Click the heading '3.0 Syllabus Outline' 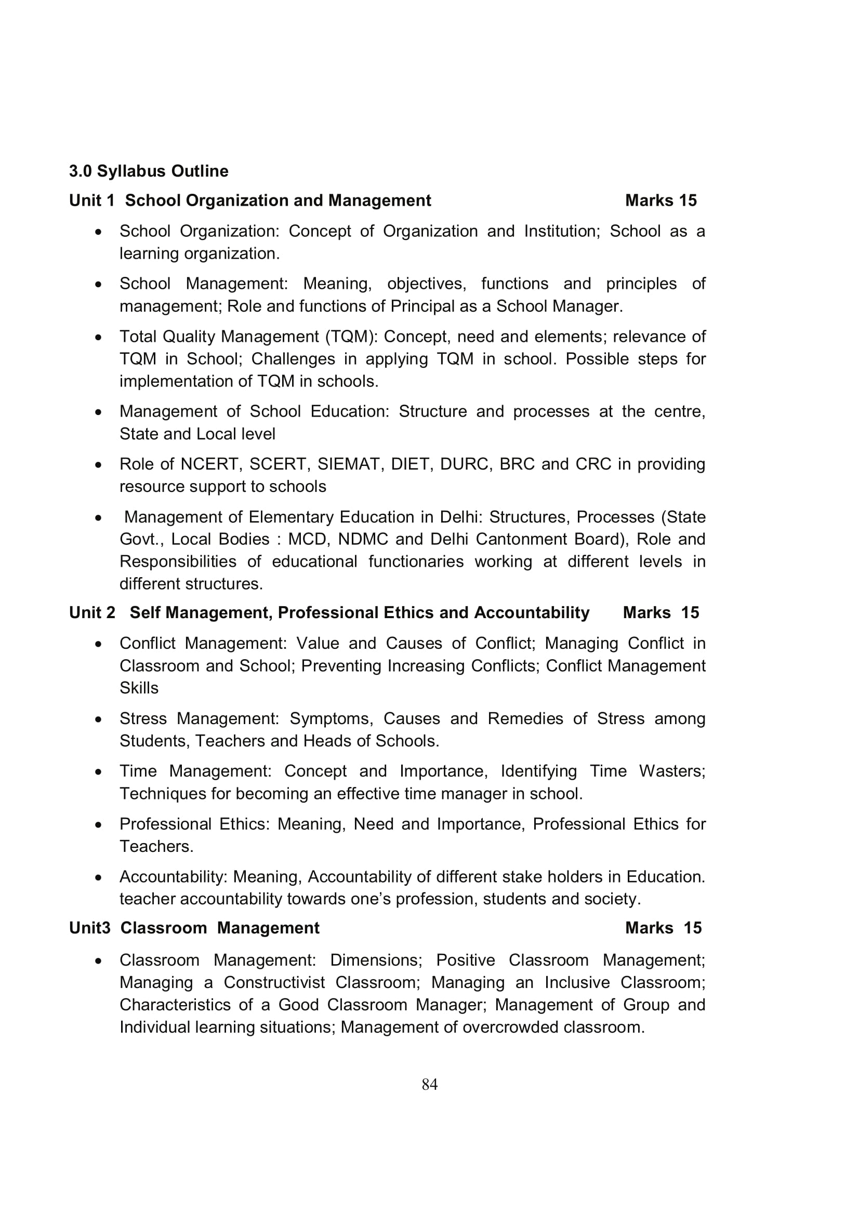[x=149, y=171]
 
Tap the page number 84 [x=429, y=1084]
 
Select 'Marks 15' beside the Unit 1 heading [x=660, y=201]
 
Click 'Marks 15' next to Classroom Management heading [x=663, y=942]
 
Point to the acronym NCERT [x=210, y=464]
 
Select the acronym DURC [x=464, y=464]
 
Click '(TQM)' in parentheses [x=350, y=337]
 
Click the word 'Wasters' [x=671, y=771]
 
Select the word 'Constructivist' [x=274, y=983]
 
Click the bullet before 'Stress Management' [x=98, y=719]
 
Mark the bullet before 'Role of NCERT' [x=98, y=464]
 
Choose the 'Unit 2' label [x=92, y=613]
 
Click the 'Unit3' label [x=89, y=942]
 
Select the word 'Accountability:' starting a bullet [x=173, y=877]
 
